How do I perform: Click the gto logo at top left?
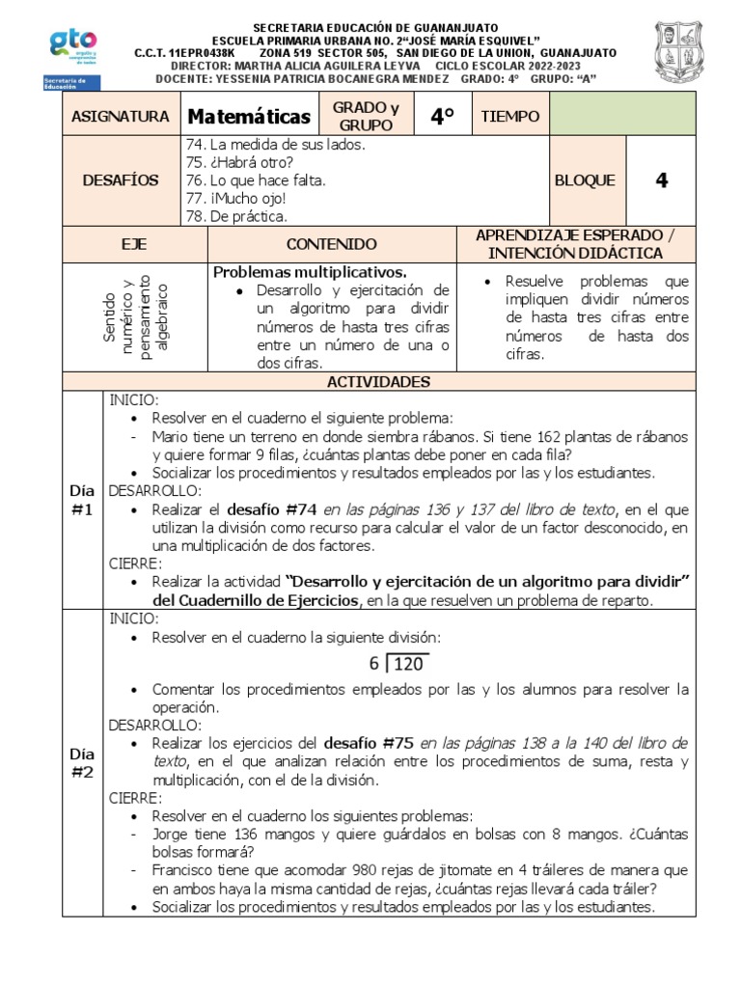tap(72, 47)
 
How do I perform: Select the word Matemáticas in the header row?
tap(249, 117)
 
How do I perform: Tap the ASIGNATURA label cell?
tap(120, 117)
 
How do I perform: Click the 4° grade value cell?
tap(442, 117)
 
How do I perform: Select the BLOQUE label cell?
tap(584, 180)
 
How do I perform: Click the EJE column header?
tap(134, 244)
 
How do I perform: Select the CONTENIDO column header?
tap(331, 244)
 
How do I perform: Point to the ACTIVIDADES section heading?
tap(378, 382)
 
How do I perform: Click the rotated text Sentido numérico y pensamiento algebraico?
tap(136, 316)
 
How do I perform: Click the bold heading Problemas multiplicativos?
tap(310, 272)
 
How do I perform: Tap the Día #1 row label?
tap(82, 500)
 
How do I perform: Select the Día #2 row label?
tap(82, 762)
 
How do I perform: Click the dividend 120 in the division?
tap(410, 664)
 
